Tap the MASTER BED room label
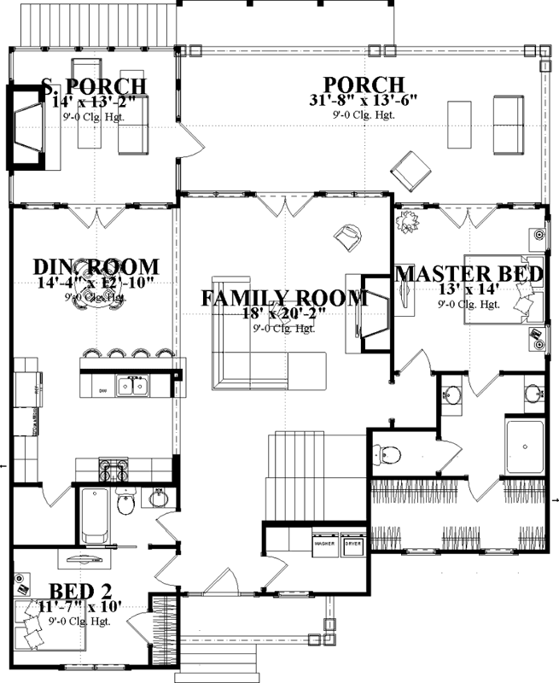click(x=469, y=274)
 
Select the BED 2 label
click(x=79, y=591)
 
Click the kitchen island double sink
click(x=132, y=387)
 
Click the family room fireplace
click(x=374, y=313)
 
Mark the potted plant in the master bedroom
click(x=408, y=221)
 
